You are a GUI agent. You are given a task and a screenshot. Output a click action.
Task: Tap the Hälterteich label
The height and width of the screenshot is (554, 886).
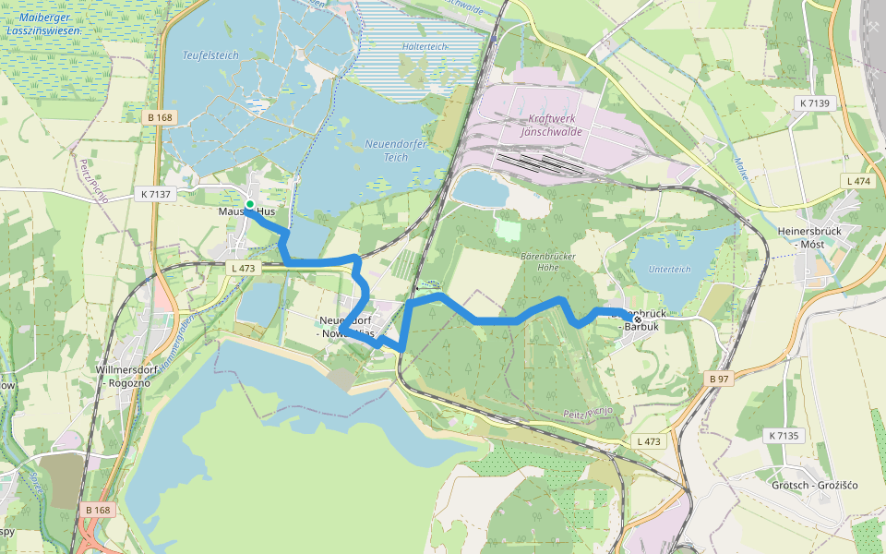425,45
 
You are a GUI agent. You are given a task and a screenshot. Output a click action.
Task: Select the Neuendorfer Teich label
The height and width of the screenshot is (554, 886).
399,151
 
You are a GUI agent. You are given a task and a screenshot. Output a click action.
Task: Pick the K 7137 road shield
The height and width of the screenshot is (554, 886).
153,194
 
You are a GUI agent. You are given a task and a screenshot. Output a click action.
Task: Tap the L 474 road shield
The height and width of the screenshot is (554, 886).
857,181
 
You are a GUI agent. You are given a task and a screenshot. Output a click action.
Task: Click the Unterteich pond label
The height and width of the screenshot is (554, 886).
669,269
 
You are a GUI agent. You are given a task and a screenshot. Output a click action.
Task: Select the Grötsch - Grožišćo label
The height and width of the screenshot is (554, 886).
815,485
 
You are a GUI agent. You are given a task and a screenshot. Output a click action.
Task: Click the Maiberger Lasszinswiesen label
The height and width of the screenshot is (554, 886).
43,24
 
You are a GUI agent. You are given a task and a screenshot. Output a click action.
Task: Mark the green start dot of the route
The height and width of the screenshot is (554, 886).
249,204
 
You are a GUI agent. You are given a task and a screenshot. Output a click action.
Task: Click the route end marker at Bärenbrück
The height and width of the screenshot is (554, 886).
636,319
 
